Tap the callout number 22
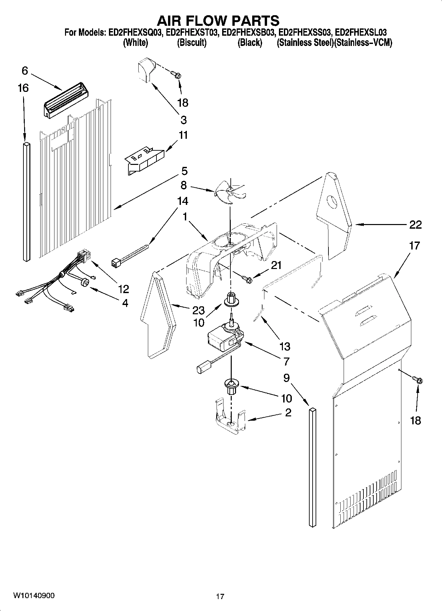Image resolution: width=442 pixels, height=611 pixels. coord(415,225)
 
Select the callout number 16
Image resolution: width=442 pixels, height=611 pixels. coord(23,88)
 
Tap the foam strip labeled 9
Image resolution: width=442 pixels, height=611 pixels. coord(312,469)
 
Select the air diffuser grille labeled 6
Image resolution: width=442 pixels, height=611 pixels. coord(66,99)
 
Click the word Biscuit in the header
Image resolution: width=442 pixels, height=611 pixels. coord(192,43)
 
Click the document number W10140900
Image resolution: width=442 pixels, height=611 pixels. coord(34,595)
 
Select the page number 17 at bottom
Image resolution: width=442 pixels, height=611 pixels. coord(220,596)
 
